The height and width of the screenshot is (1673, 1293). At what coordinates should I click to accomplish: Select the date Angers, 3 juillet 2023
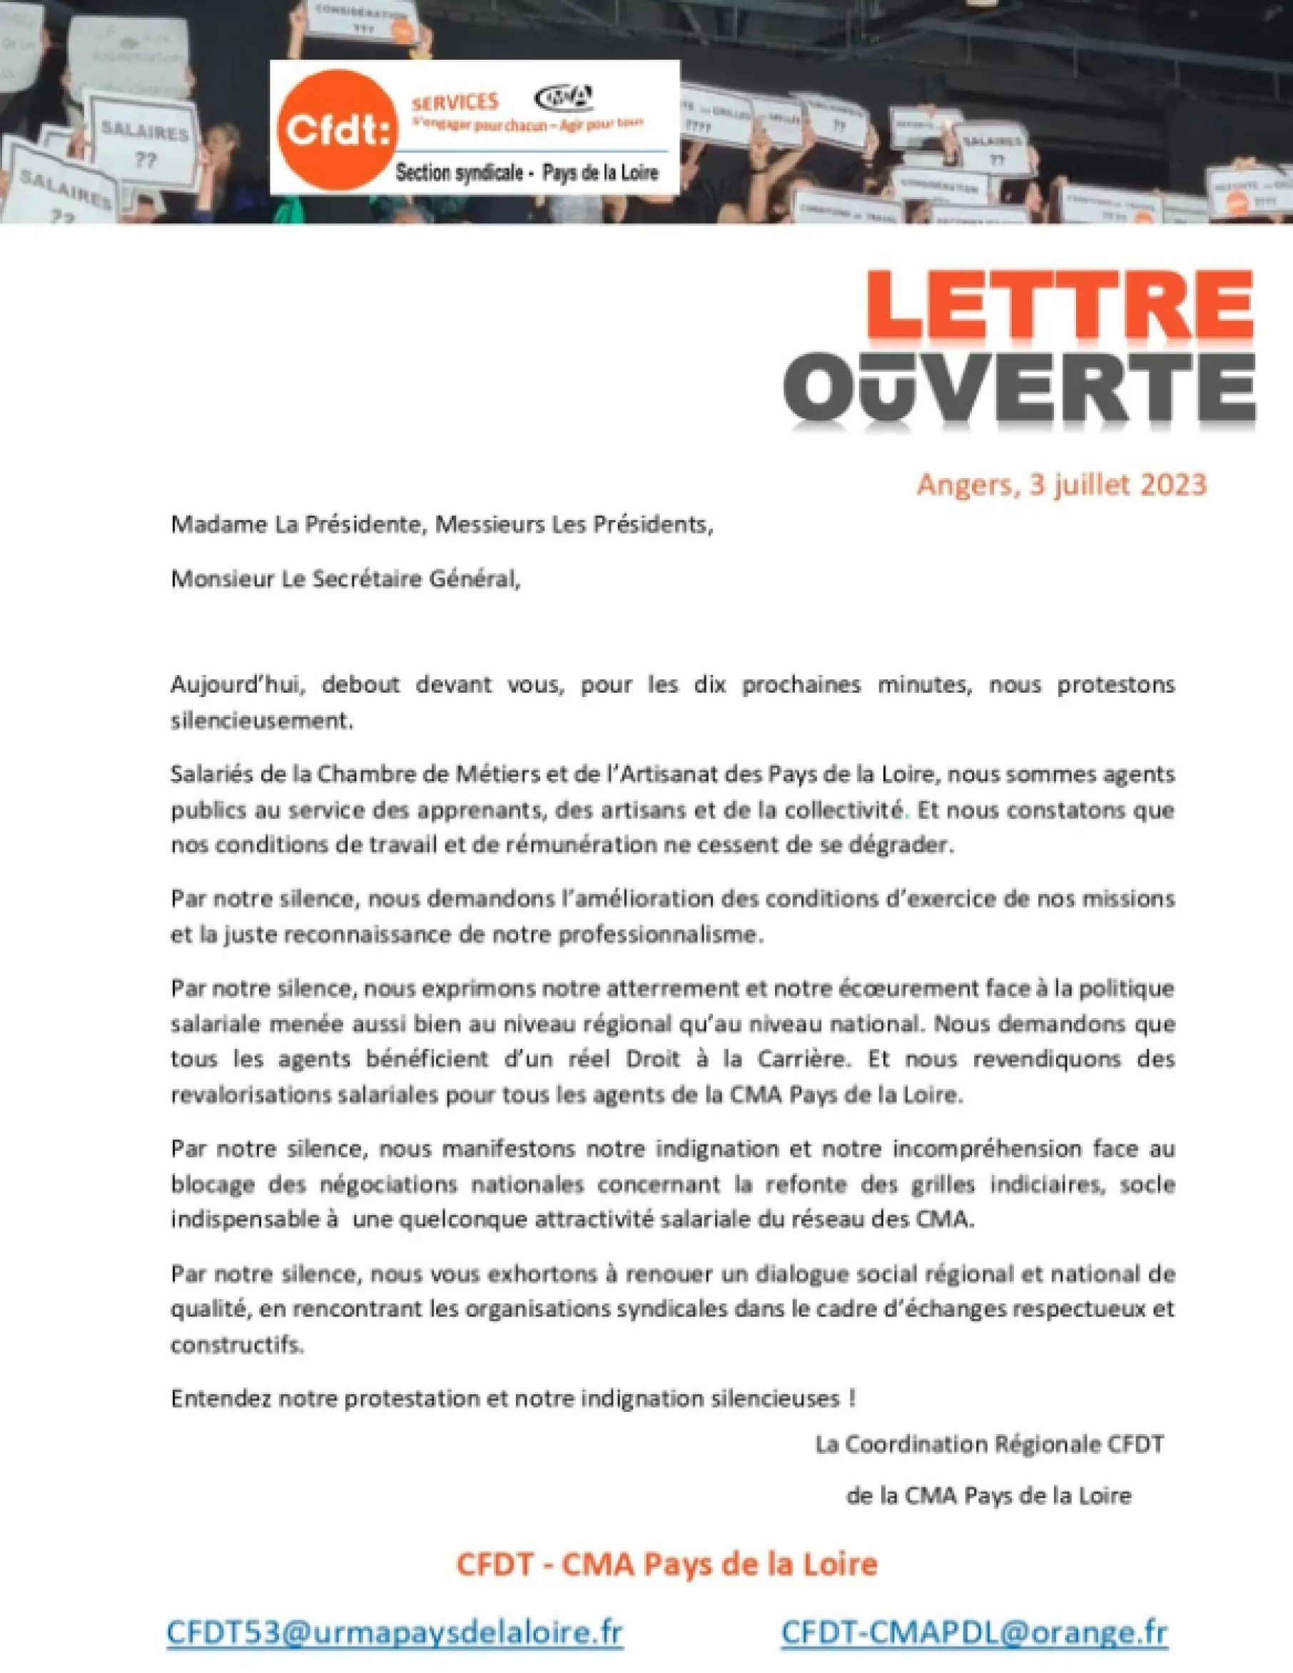pyautogui.click(x=1061, y=484)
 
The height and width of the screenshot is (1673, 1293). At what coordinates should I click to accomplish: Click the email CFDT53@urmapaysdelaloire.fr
pyautogui.click(x=395, y=1631)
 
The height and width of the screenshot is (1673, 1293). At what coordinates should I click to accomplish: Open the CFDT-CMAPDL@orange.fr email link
pyautogui.click(x=973, y=1631)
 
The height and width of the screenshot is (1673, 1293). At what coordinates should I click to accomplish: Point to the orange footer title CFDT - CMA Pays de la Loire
pyautogui.click(x=666, y=1563)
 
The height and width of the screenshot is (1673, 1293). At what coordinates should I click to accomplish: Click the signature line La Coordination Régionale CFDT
pyautogui.click(x=989, y=1444)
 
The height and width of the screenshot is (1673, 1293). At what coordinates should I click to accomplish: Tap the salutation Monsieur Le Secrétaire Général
pyautogui.click(x=345, y=579)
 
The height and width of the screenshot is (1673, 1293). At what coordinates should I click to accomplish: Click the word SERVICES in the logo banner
pyautogui.click(x=455, y=102)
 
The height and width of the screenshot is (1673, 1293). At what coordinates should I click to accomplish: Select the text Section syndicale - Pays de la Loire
pyautogui.click(x=527, y=173)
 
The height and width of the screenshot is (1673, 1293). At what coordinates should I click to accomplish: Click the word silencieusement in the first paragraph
pyautogui.click(x=261, y=721)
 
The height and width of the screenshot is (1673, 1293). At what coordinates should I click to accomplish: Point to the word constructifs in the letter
pyautogui.click(x=237, y=1344)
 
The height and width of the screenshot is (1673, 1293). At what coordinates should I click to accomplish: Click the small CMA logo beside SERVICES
pyautogui.click(x=563, y=97)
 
